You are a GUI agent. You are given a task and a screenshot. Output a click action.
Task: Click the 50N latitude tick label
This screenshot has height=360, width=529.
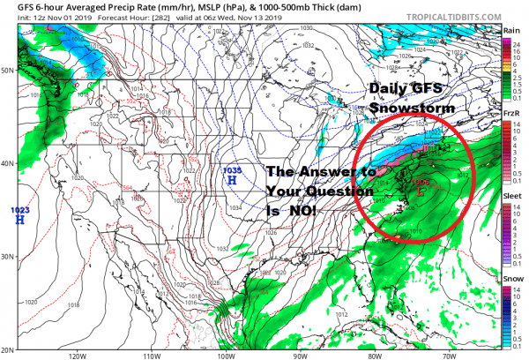[9, 70]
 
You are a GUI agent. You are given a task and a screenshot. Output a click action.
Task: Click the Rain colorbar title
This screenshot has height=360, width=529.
[510, 31]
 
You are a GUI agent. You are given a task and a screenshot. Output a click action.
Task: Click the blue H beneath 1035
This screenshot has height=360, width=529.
[232, 180]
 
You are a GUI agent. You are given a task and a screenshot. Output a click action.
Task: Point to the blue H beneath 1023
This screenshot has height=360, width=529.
[19, 220]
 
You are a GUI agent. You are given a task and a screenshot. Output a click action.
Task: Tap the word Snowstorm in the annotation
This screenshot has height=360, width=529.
[413, 107]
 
